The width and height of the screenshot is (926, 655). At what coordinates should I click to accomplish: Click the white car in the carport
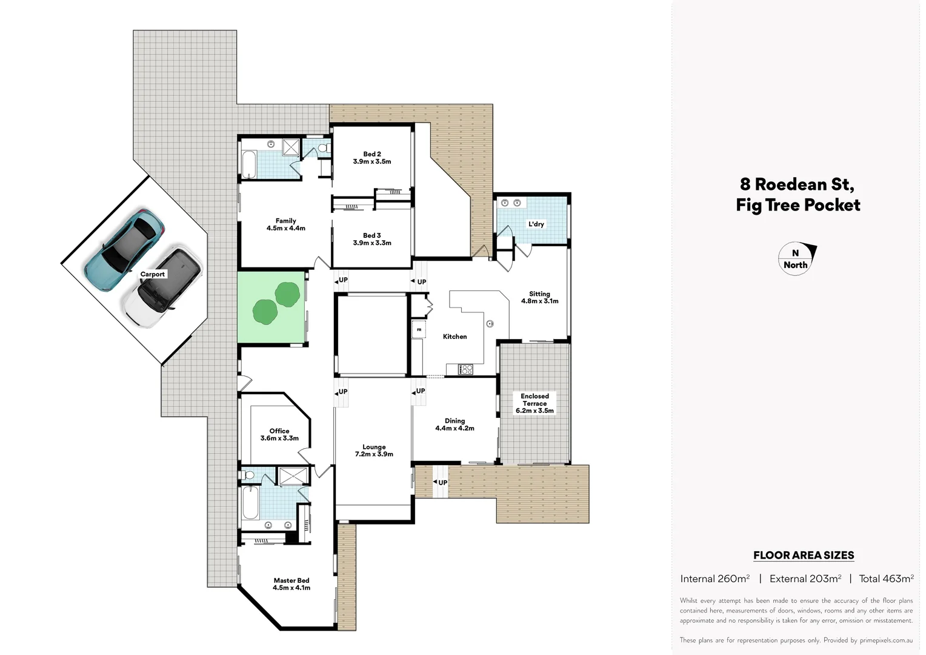click(162, 286)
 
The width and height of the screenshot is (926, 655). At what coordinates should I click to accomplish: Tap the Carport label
click(153, 274)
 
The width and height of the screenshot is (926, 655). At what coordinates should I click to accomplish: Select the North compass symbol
click(796, 259)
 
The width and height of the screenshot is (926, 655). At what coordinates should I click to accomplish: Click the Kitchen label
click(455, 337)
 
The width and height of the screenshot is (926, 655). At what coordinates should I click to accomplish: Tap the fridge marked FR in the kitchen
click(419, 330)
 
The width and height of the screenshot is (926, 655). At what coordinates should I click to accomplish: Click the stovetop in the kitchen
click(465, 369)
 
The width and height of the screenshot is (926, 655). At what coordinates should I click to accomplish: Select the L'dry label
click(536, 224)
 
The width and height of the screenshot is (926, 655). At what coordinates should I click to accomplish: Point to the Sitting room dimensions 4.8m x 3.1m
click(539, 301)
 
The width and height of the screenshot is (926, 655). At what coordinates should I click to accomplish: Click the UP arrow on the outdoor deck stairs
click(441, 482)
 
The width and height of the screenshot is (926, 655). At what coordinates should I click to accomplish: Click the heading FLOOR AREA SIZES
click(804, 555)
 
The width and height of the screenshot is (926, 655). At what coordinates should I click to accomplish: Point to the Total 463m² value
click(886, 579)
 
